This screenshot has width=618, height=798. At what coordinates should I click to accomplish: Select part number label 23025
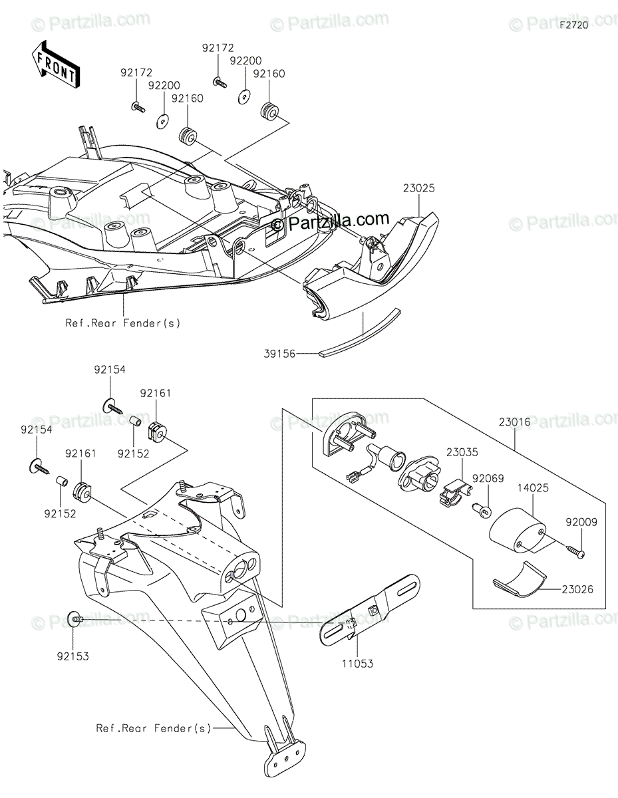(418, 189)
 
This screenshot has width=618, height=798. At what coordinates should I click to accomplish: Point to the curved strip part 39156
(363, 332)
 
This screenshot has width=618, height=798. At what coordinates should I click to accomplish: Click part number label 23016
(514, 421)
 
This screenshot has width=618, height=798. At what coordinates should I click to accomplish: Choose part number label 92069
(488, 477)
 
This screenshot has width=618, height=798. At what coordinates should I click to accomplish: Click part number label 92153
(73, 656)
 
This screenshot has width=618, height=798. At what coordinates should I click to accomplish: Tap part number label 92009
(582, 522)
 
